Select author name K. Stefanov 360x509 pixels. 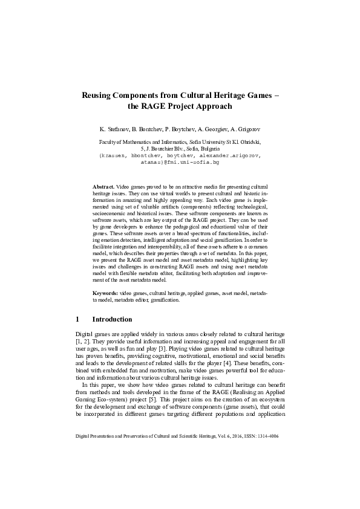click(x=117, y=130)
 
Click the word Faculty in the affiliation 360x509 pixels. click(x=108, y=141)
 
